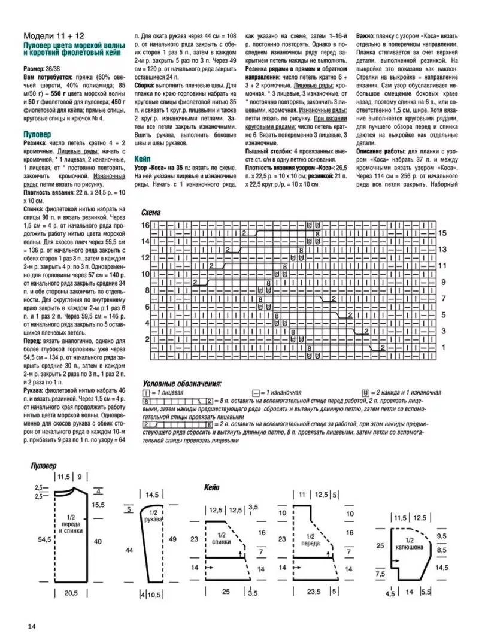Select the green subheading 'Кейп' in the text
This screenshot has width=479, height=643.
point(143,160)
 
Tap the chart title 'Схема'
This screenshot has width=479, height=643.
point(151,213)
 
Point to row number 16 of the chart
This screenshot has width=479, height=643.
point(145,225)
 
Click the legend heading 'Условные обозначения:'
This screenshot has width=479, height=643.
point(182,383)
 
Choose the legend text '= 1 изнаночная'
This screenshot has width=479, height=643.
point(281,392)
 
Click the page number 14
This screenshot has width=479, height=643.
point(32,626)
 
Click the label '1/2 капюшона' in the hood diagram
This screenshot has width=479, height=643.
point(409,542)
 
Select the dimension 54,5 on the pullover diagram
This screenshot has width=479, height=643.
point(44,539)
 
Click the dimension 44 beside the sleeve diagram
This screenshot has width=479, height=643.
point(128,549)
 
